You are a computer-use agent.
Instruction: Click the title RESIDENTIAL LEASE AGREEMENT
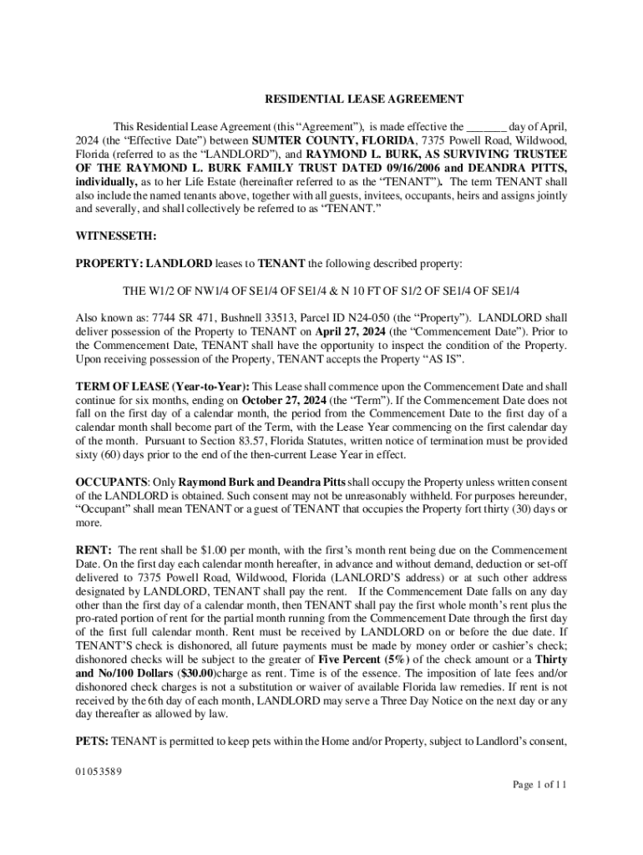point(363,99)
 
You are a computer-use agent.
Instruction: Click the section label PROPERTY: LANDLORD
point(144,263)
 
